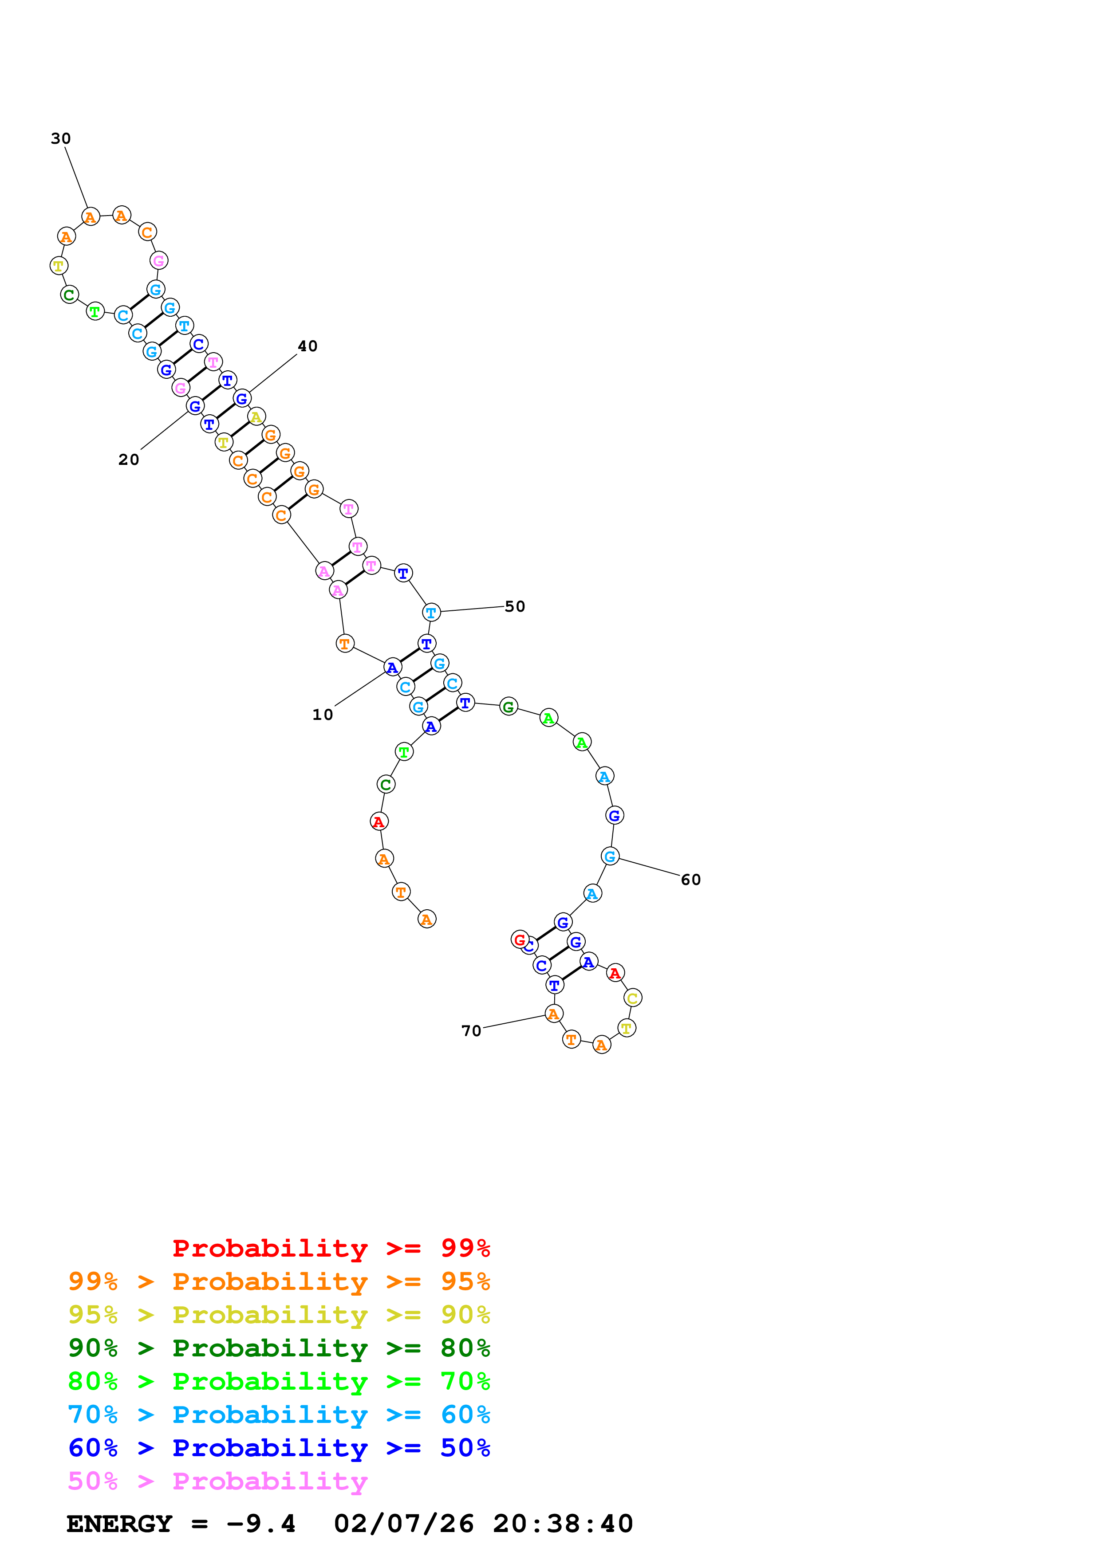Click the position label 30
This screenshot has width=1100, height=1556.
coord(61,139)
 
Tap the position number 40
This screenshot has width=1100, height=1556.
coord(307,346)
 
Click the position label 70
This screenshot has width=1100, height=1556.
coord(471,1031)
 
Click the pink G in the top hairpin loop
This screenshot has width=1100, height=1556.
coord(158,261)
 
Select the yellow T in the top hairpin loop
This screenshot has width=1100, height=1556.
coord(59,266)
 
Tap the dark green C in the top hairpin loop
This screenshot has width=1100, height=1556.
coord(69,295)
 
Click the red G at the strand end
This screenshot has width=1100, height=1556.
coord(519,939)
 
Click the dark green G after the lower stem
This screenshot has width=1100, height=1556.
coord(509,707)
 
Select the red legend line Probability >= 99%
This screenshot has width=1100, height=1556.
coord(331,1248)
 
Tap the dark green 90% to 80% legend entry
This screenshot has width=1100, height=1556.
coord(279,1348)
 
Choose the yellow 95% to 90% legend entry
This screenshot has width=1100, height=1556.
coord(279,1315)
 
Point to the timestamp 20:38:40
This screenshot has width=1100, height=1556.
coord(563,1524)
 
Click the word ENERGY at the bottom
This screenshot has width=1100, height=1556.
coord(119,1524)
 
